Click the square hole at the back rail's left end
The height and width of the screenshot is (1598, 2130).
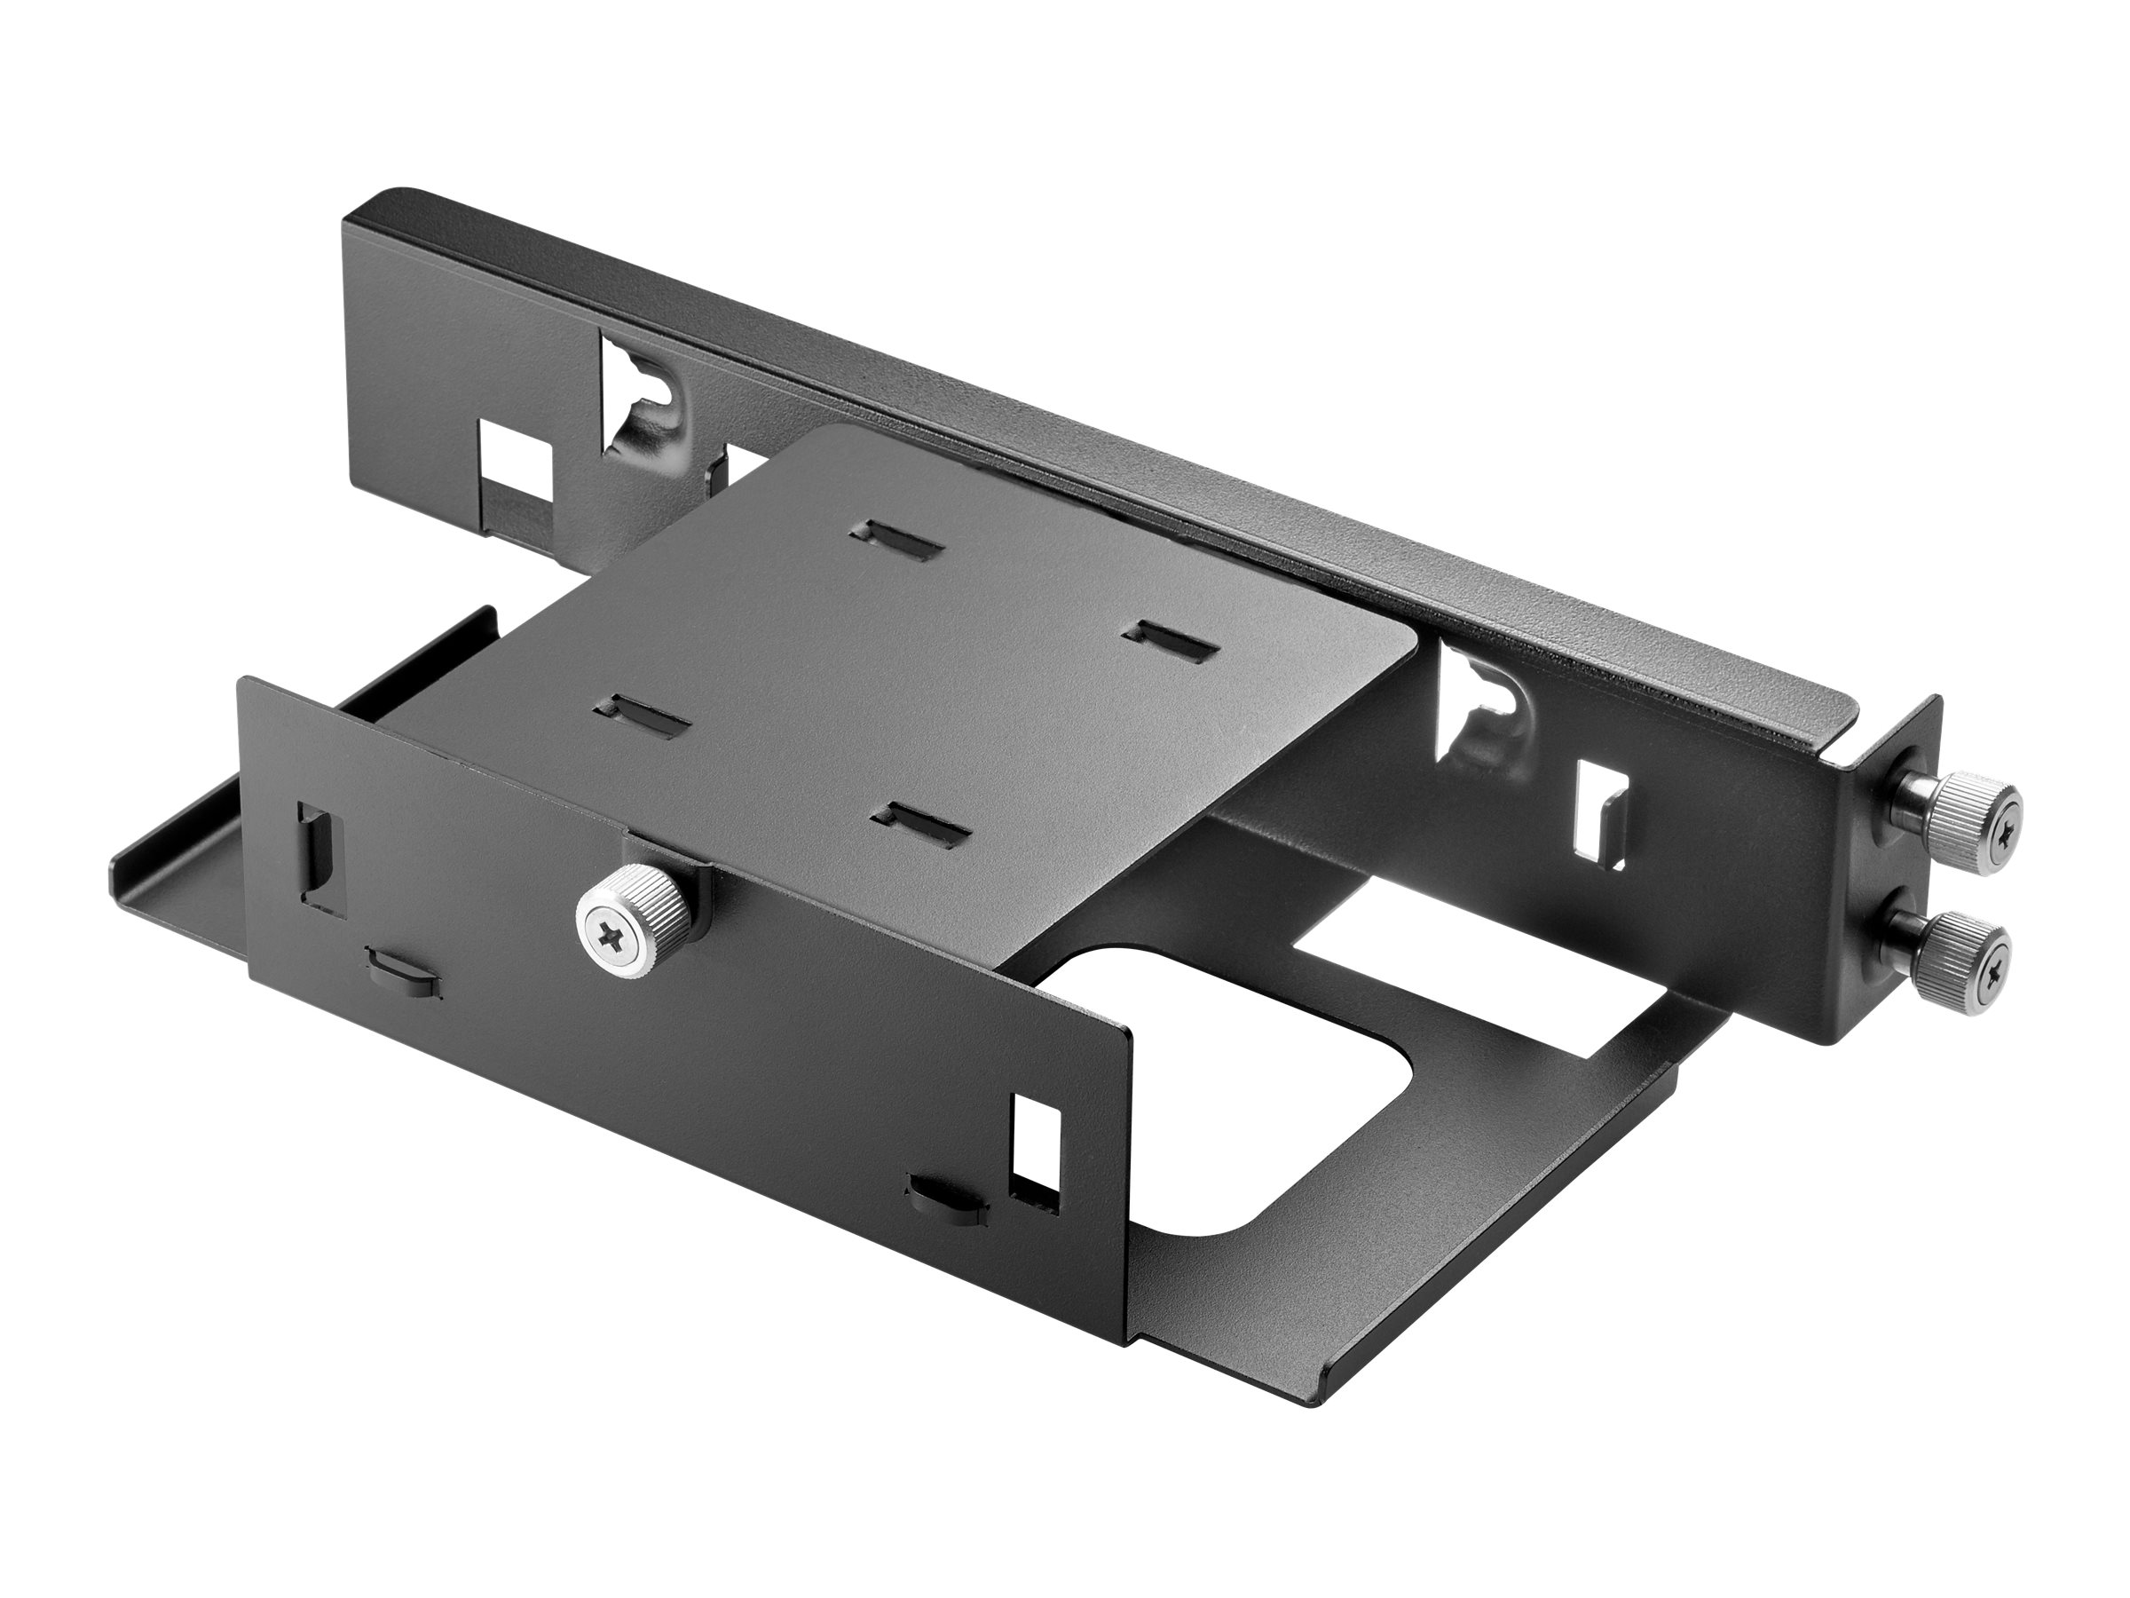(518, 468)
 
